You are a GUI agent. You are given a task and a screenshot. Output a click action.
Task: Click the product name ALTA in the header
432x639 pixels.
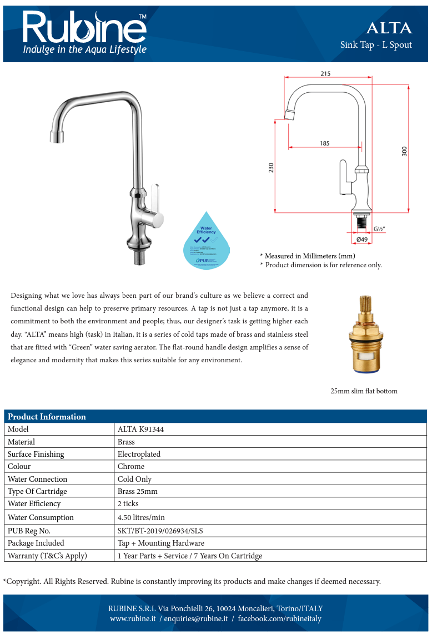389,28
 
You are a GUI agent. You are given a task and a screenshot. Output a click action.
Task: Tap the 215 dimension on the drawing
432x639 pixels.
325,73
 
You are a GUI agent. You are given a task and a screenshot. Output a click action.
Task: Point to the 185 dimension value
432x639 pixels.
324,143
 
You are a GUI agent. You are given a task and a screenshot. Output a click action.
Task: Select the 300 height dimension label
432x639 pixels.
404,151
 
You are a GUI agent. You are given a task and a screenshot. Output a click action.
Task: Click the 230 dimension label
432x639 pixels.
271,167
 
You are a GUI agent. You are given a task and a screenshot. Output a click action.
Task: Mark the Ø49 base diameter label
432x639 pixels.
361,239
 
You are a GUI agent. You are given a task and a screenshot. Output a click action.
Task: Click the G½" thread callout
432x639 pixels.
380,228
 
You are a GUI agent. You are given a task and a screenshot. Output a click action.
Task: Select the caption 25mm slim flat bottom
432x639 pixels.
364,391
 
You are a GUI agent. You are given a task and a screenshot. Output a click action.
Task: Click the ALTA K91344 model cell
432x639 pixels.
140,429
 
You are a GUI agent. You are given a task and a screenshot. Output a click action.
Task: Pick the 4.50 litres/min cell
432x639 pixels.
141,517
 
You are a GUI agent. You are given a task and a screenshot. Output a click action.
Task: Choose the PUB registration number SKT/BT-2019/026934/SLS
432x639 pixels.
164,530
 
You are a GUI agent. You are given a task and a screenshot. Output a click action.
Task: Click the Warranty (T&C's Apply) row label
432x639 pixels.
47,556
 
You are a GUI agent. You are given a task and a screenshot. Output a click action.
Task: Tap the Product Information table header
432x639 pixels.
47,417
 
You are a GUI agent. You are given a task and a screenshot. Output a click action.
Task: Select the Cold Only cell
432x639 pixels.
134,479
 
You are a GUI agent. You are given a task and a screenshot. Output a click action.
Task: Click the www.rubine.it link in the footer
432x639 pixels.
133,618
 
